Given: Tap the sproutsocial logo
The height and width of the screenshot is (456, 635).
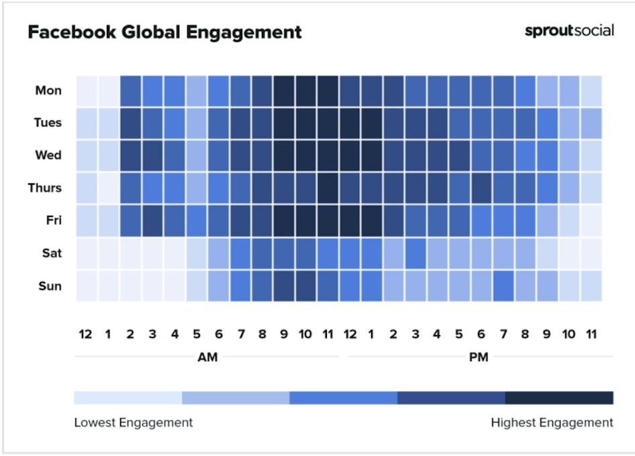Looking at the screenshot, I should tap(569, 31).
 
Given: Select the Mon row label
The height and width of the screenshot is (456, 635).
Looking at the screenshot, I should tap(48, 91).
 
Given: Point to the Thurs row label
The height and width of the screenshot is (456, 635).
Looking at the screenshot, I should tap(45, 188).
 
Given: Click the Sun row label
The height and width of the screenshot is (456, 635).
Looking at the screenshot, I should tap(49, 286).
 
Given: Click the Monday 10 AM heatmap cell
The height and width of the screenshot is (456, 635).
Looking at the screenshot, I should tap(305, 91).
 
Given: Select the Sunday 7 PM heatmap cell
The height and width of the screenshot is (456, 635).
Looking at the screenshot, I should tap(503, 286).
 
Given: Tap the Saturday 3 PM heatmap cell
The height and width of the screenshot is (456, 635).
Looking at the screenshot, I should tap(416, 253).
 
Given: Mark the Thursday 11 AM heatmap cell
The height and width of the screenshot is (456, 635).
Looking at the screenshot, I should tap(328, 188).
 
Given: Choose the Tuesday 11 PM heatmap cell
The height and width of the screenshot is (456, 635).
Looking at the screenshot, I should tap(591, 123).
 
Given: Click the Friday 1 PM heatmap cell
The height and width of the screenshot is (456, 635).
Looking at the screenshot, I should tap(371, 221).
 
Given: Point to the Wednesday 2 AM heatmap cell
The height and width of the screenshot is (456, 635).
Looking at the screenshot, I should tap(130, 156).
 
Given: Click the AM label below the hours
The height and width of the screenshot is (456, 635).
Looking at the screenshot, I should tap(207, 357).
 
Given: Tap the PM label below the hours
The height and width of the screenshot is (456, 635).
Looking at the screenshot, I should tap(479, 357).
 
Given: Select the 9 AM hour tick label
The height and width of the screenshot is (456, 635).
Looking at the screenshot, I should tap(284, 334).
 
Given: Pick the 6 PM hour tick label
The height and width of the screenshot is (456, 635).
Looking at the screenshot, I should tap(481, 334).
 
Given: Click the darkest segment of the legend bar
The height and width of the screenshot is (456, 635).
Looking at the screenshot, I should tap(559, 398).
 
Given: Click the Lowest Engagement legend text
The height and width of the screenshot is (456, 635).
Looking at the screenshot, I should tap(134, 422).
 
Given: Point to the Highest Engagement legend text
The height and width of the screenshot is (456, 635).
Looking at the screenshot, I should tap(552, 422).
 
